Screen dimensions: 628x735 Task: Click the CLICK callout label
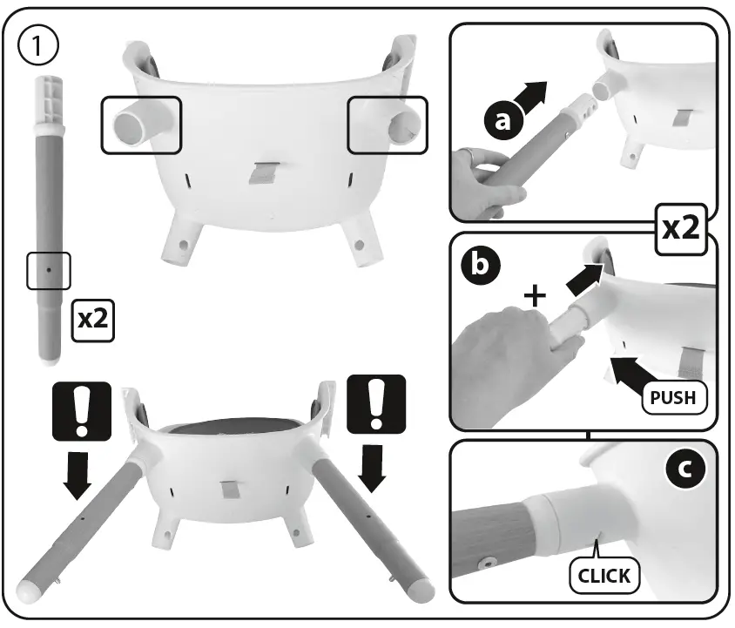tap(604, 574)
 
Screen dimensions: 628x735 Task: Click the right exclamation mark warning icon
tap(375, 405)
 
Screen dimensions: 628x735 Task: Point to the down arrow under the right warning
tap(375, 469)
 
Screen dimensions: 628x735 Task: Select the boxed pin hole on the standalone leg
tap(48, 271)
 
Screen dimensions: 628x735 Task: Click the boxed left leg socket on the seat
tap(141, 125)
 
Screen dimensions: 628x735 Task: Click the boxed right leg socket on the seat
tap(388, 125)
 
